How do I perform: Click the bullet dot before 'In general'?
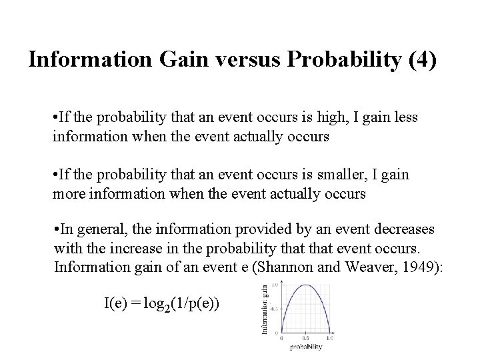click(57, 230)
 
